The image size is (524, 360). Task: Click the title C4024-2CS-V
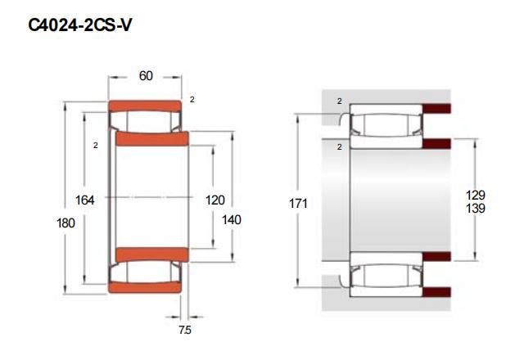click(80, 25)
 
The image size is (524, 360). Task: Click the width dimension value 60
click(146, 76)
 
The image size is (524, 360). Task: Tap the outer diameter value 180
click(65, 223)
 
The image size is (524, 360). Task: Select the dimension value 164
click(84, 200)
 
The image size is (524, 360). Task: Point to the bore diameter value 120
click(215, 200)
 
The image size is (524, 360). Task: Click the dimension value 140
click(232, 220)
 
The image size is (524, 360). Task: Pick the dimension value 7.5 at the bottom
click(185, 330)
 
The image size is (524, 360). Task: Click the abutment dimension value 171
click(298, 204)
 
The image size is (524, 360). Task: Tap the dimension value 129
click(475, 195)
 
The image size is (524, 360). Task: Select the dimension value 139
click(475, 209)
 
